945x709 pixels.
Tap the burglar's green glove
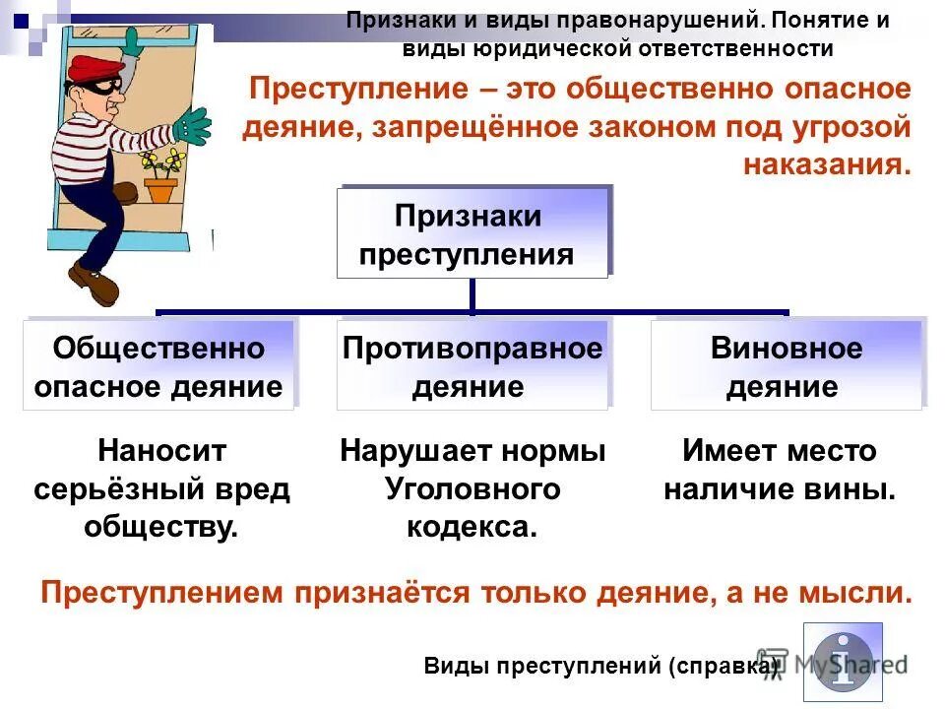tap(192, 126)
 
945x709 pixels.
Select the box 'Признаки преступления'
tap(472, 234)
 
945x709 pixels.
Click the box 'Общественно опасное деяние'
tap(158, 365)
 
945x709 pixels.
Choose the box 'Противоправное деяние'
tap(472, 365)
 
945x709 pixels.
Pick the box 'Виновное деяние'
tap(786, 365)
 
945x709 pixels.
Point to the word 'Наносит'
tap(162, 451)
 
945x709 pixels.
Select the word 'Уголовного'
tap(472, 488)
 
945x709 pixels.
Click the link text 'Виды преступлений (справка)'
tap(600, 666)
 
